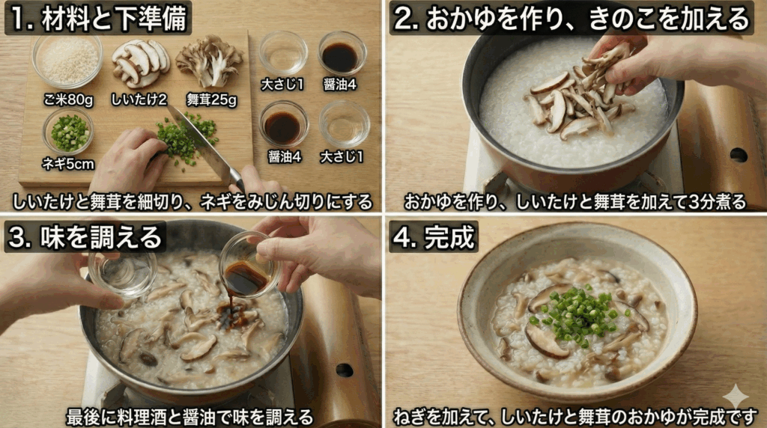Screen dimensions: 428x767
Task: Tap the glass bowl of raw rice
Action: [x=67, y=60]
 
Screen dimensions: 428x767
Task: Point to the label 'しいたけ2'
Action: [x=140, y=100]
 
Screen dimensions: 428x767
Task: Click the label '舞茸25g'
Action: [x=211, y=100]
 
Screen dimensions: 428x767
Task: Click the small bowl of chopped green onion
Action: [x=69, y=132]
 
